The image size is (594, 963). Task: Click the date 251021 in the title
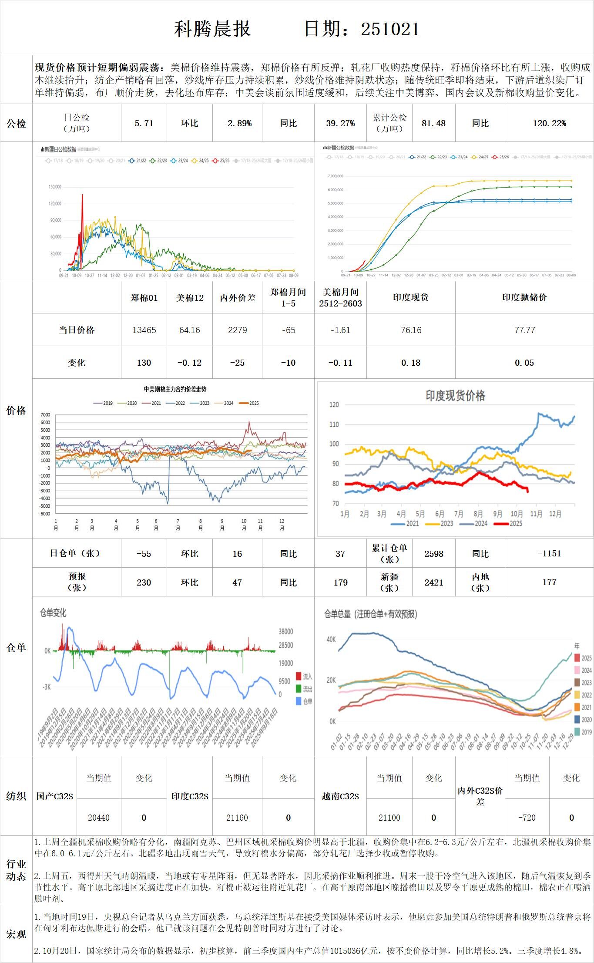[390, 29]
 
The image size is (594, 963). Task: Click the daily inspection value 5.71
[144, 123]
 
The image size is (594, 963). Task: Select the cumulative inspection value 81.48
[433, 123]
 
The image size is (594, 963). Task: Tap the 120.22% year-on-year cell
[549, 123]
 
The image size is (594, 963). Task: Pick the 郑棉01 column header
[144, 298]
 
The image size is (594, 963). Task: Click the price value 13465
[144, 330]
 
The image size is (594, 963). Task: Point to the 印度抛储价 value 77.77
[524, 330]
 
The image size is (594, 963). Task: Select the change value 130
[144, 363]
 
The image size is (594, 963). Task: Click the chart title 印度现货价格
[455, 396]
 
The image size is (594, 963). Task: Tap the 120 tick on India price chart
[334, 405]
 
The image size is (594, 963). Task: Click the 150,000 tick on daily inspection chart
[55, 187]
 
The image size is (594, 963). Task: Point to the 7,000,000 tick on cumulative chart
[335, 176]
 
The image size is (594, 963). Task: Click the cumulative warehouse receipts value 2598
[433, 554]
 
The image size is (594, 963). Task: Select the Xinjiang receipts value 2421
[433, 583]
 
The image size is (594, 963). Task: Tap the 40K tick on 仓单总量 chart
[331, 640]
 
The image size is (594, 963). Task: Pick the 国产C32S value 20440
[99, 818]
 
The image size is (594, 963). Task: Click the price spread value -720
[527, 818]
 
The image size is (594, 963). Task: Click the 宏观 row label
[16, 934]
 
